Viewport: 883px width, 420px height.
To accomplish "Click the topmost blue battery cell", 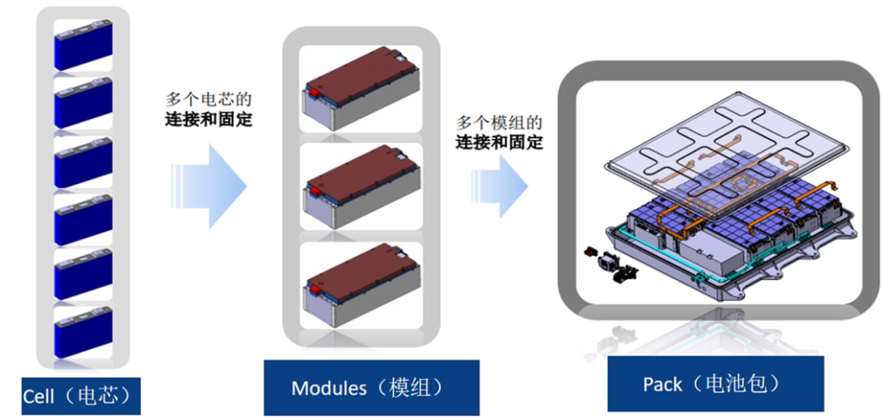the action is [x=83, y=44].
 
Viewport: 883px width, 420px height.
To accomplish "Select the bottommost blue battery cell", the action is [x=83, y=333].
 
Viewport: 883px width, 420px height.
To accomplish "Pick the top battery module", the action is [x=361, y=87].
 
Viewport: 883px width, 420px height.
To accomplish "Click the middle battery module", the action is [x=361, y=186].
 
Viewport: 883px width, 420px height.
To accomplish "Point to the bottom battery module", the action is [x=361, y=285].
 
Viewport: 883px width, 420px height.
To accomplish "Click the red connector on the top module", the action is [x=312, y=92].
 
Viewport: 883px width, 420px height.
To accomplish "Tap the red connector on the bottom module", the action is [x=312, y=289].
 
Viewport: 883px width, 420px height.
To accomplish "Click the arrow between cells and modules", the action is [x=209, y=186].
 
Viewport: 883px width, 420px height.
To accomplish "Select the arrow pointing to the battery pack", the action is [x=499, y=186].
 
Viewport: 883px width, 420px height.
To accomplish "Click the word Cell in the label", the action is [x=39, y=397].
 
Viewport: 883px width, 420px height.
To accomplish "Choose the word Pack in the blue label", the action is [x=663, y=385].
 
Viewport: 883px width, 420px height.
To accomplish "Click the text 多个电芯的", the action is [x=208, y=100].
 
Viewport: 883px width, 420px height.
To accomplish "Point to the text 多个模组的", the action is [x=499, y=123].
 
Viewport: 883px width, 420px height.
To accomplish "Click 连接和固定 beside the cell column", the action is [x=208, y=120].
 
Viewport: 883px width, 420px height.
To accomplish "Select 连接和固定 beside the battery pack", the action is [x=500, y=142].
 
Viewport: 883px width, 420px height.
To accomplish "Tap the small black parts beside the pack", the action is [x=612, y=264].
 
